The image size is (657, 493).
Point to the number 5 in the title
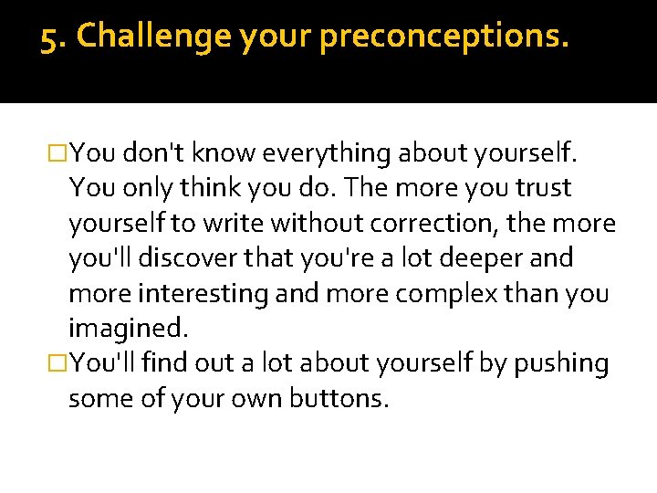50,37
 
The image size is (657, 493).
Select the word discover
204,258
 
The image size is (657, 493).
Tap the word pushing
559,363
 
